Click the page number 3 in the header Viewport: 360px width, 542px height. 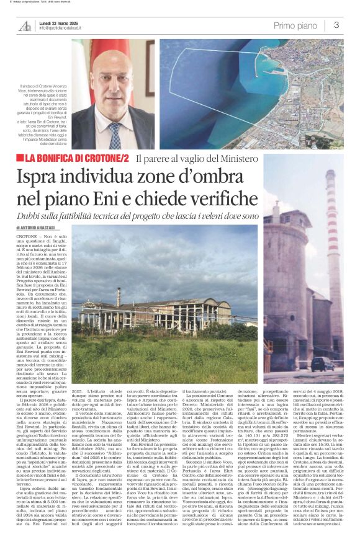coord(336,25)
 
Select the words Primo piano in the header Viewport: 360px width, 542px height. coord(295,25)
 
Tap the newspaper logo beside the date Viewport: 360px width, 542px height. coord(25,25)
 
